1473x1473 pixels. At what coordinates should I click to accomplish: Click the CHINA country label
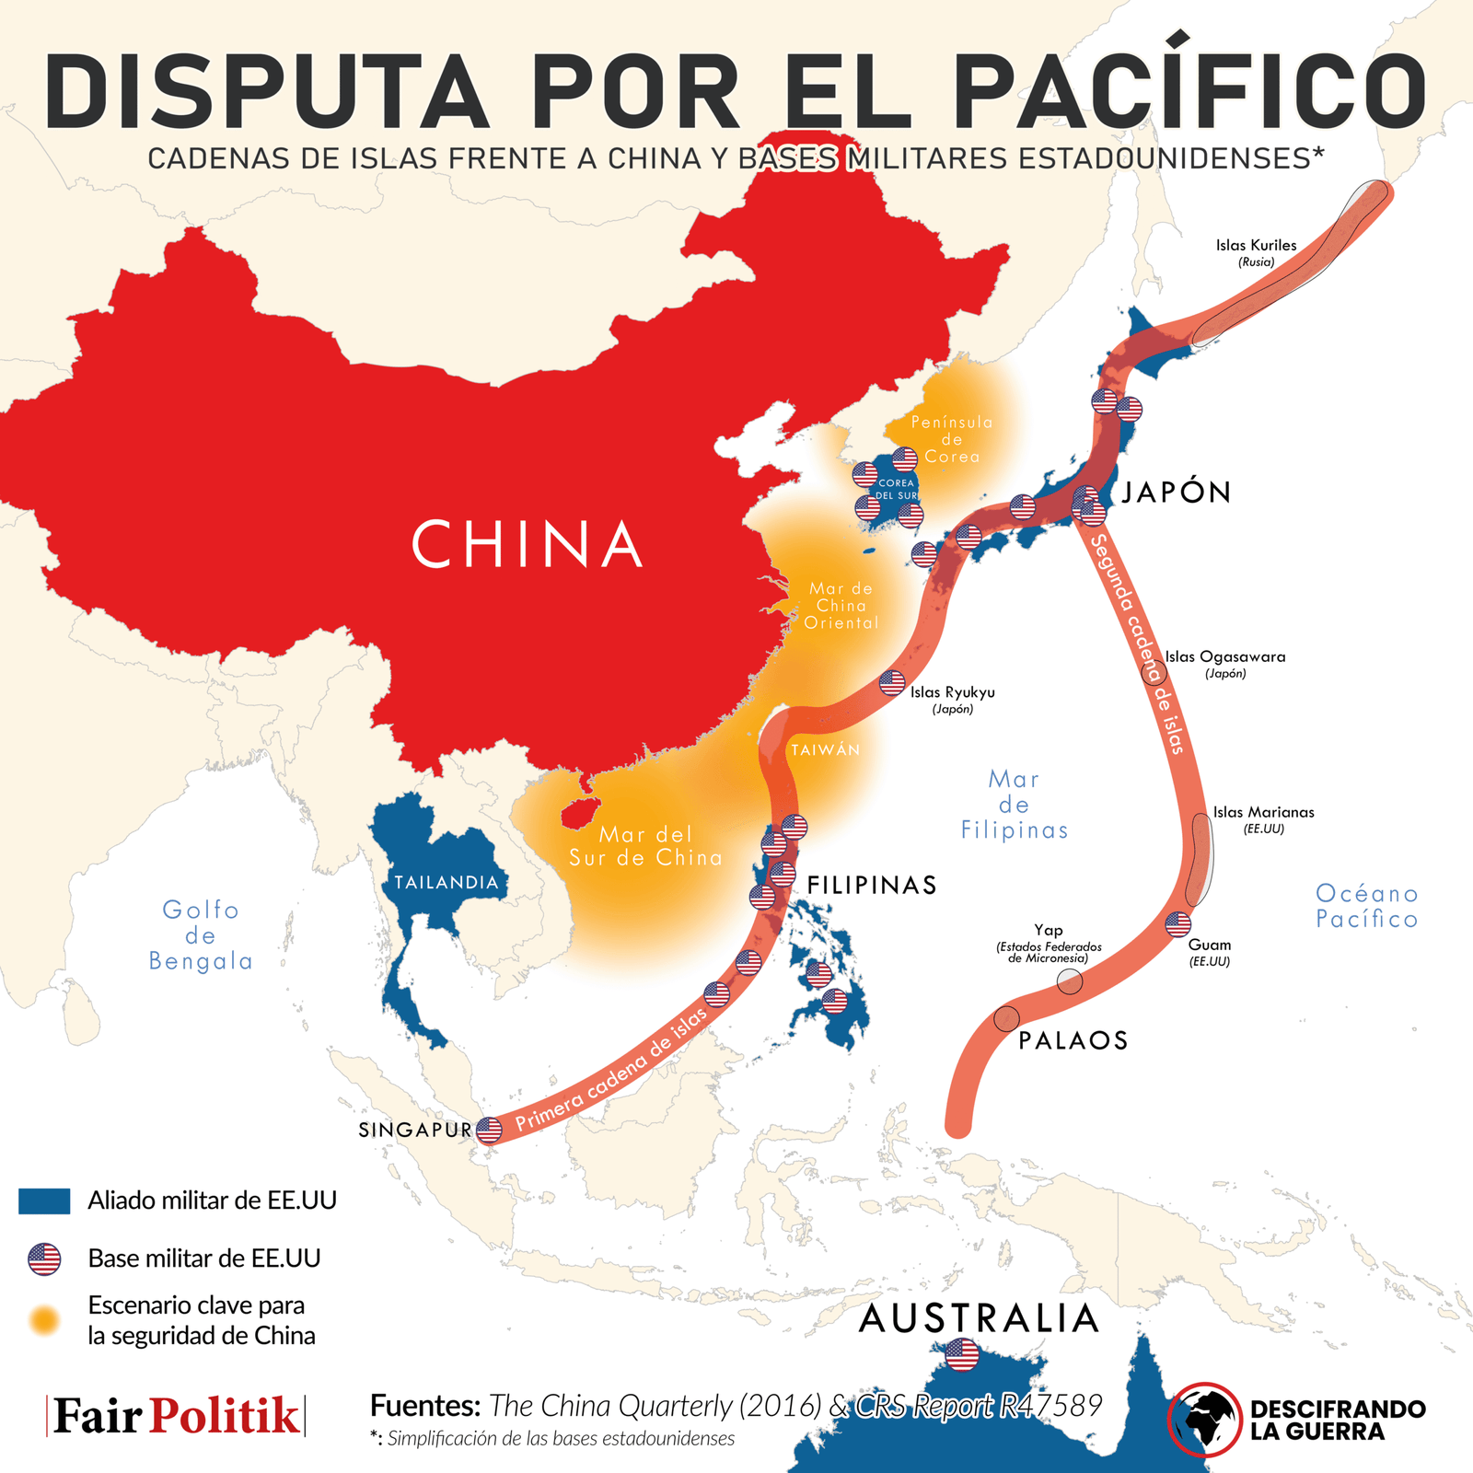click(x=527, y=544)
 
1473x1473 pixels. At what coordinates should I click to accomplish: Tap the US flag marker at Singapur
click(x=489, y=1130)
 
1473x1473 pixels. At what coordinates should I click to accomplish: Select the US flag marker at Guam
click(x=1178, y=923)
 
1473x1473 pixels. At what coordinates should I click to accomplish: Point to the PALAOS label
click(x=1073, y=1041)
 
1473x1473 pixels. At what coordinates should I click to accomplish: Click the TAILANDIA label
click(x=447, y=883)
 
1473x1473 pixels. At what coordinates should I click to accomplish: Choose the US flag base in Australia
click(x=961, y=1354)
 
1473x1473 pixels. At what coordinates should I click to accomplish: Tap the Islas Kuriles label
click(x=1256, y=246)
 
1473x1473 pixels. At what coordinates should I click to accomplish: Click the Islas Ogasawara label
click(x=1225, y=657)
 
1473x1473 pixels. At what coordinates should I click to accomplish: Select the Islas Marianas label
click(x=1263, y=813)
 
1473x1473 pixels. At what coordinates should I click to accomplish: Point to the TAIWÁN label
click(x=826, y=750)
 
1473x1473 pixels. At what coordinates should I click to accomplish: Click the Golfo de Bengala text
click(x=201, y=935)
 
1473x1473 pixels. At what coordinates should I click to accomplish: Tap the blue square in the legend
click(x=44, y=1200)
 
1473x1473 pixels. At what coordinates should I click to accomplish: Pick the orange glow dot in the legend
click(x=44, y=1320)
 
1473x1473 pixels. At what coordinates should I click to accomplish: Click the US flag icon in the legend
click(x=44, y=1258)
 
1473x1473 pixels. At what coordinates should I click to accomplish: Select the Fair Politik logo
click(x=176, y=1416)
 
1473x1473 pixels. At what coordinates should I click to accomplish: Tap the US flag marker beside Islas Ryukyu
click(x=892, y=683)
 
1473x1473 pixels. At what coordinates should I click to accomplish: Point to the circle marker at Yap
click(x=1070, y=981)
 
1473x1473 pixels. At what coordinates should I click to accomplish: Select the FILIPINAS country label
click(x=872, y=886)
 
